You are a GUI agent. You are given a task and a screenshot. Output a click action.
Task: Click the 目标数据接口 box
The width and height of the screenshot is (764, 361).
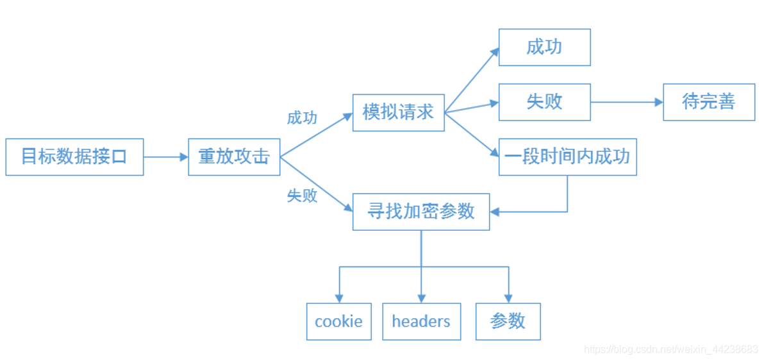[x=74, y=156]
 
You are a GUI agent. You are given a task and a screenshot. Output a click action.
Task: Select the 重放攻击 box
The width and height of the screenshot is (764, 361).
[x=234, y=156]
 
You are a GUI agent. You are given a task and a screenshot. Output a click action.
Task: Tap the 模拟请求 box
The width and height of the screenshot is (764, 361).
[x=398, y=112]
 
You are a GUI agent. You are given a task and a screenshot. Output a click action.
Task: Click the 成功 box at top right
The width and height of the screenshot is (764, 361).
[x=544, y=47]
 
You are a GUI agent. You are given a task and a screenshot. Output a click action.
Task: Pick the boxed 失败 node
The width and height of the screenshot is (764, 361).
[x=544, y=101]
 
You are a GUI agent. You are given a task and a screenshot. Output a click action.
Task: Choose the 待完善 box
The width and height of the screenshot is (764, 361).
[x=709, y=101]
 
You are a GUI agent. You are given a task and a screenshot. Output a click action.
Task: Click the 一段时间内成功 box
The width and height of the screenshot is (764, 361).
[x=567, y=156]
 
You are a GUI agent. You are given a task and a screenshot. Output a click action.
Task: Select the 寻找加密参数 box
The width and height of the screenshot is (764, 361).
[x=421, y=212]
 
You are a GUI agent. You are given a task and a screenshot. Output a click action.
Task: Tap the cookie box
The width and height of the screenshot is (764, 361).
[x=338, y=321]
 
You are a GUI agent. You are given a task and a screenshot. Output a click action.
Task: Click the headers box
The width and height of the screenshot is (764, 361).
[x=421, y=321]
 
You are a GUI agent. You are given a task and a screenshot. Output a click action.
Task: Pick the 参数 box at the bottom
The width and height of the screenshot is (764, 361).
[x=508, y=321]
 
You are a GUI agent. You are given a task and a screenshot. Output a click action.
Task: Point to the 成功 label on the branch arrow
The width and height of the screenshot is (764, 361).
[x=302, y=118]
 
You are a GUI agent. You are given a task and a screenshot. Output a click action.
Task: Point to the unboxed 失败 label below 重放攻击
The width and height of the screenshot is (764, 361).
[x=302, y=196]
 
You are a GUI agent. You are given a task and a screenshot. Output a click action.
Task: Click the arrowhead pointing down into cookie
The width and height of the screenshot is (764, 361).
[x=339, y=298]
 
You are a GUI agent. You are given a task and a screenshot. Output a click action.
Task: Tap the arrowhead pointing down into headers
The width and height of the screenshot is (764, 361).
[x=421, y=298]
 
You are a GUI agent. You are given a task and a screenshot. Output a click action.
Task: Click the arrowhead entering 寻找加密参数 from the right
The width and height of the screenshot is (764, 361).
[x=495, y=212]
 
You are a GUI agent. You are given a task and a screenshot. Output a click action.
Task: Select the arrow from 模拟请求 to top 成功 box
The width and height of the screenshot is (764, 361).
[x=471, y=80]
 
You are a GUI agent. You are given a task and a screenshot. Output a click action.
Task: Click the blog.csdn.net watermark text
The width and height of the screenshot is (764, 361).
[x=670, y=349]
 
